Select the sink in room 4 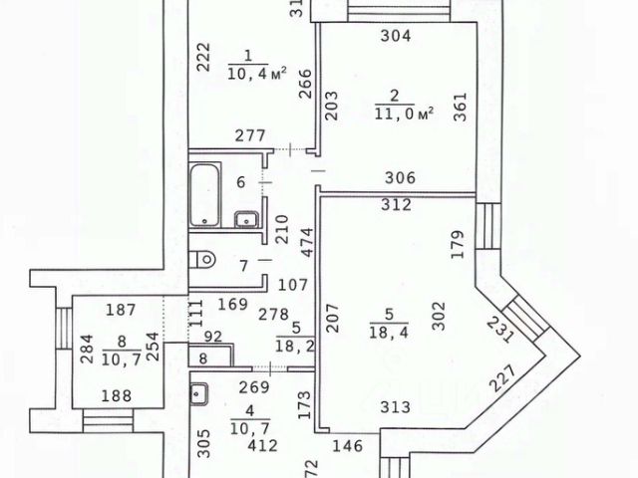point(198,394)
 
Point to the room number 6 point(239,182)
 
